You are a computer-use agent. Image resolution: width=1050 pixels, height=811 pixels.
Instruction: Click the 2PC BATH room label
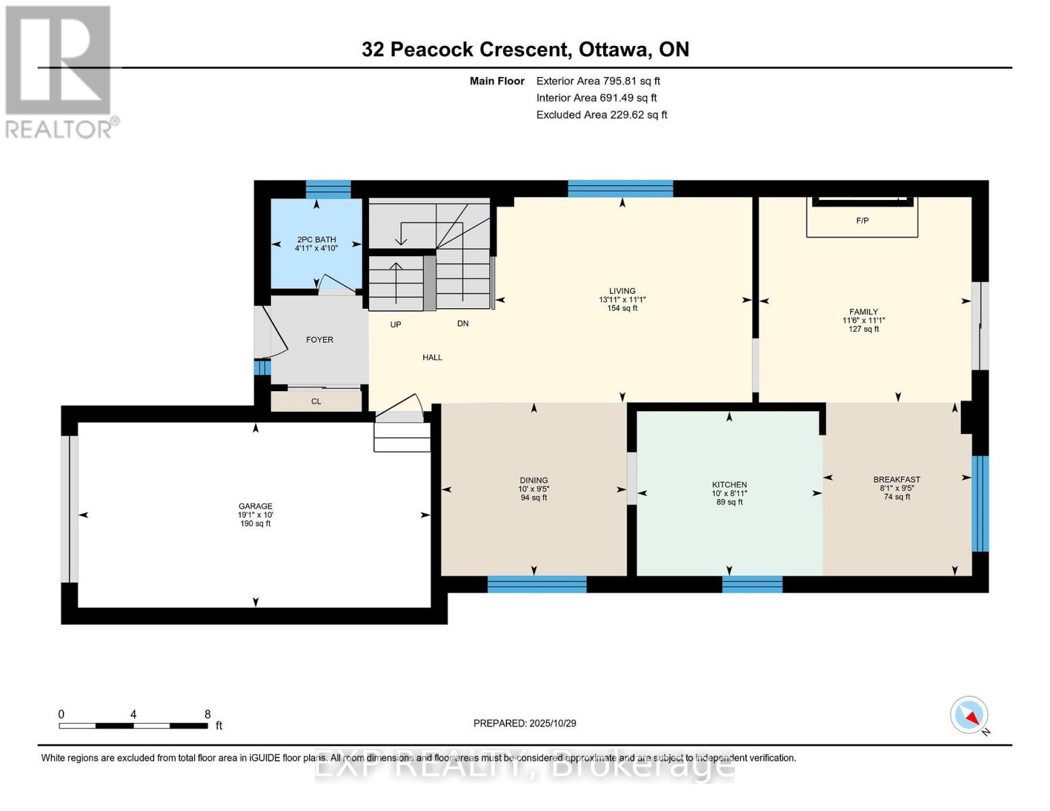(316, 239)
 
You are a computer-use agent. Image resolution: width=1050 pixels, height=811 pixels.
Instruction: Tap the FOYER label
(319, 340)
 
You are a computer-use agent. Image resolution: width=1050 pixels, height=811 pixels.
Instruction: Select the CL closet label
(316, 401)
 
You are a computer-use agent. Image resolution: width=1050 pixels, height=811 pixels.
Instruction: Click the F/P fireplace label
(862, 221)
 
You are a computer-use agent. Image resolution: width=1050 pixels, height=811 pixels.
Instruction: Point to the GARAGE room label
(255, 506)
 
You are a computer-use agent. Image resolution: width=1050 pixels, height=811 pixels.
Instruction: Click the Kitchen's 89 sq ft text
(729, 502)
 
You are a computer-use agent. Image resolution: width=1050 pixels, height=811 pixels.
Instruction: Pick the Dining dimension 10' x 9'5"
(533, 489)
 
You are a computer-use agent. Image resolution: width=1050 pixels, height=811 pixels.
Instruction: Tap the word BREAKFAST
(897, 480)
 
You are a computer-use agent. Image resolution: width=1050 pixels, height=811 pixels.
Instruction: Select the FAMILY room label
(863, 312)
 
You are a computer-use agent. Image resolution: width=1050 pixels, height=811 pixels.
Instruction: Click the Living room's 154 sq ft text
(622, 308)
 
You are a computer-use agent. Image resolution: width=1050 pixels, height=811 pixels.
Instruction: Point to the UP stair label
(396, 324)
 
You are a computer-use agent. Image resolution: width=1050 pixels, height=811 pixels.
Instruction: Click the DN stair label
(462, 324)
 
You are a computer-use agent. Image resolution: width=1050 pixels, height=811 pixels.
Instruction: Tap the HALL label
(432, 358)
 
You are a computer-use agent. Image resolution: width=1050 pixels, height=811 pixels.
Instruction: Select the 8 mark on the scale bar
(208, 714)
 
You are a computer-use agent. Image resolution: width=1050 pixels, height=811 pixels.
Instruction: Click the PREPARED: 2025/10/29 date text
(525, 723)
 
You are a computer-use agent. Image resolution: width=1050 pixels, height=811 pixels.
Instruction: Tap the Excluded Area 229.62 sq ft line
(601, 115)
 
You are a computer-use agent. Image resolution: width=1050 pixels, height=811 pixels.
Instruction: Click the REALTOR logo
(59, 71)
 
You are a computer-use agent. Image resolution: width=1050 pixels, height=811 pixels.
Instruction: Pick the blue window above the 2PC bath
(328, 189)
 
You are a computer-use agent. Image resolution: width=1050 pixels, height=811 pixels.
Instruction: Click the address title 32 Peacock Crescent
(464, 49)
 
